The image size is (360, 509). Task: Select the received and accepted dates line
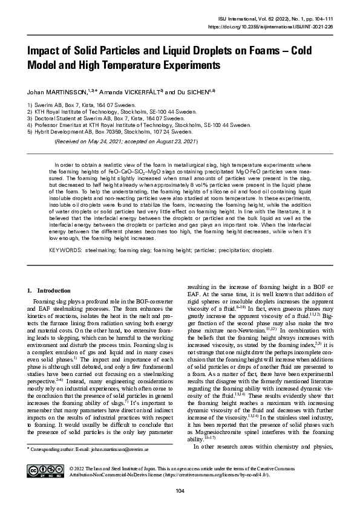[x=126, y=141]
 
